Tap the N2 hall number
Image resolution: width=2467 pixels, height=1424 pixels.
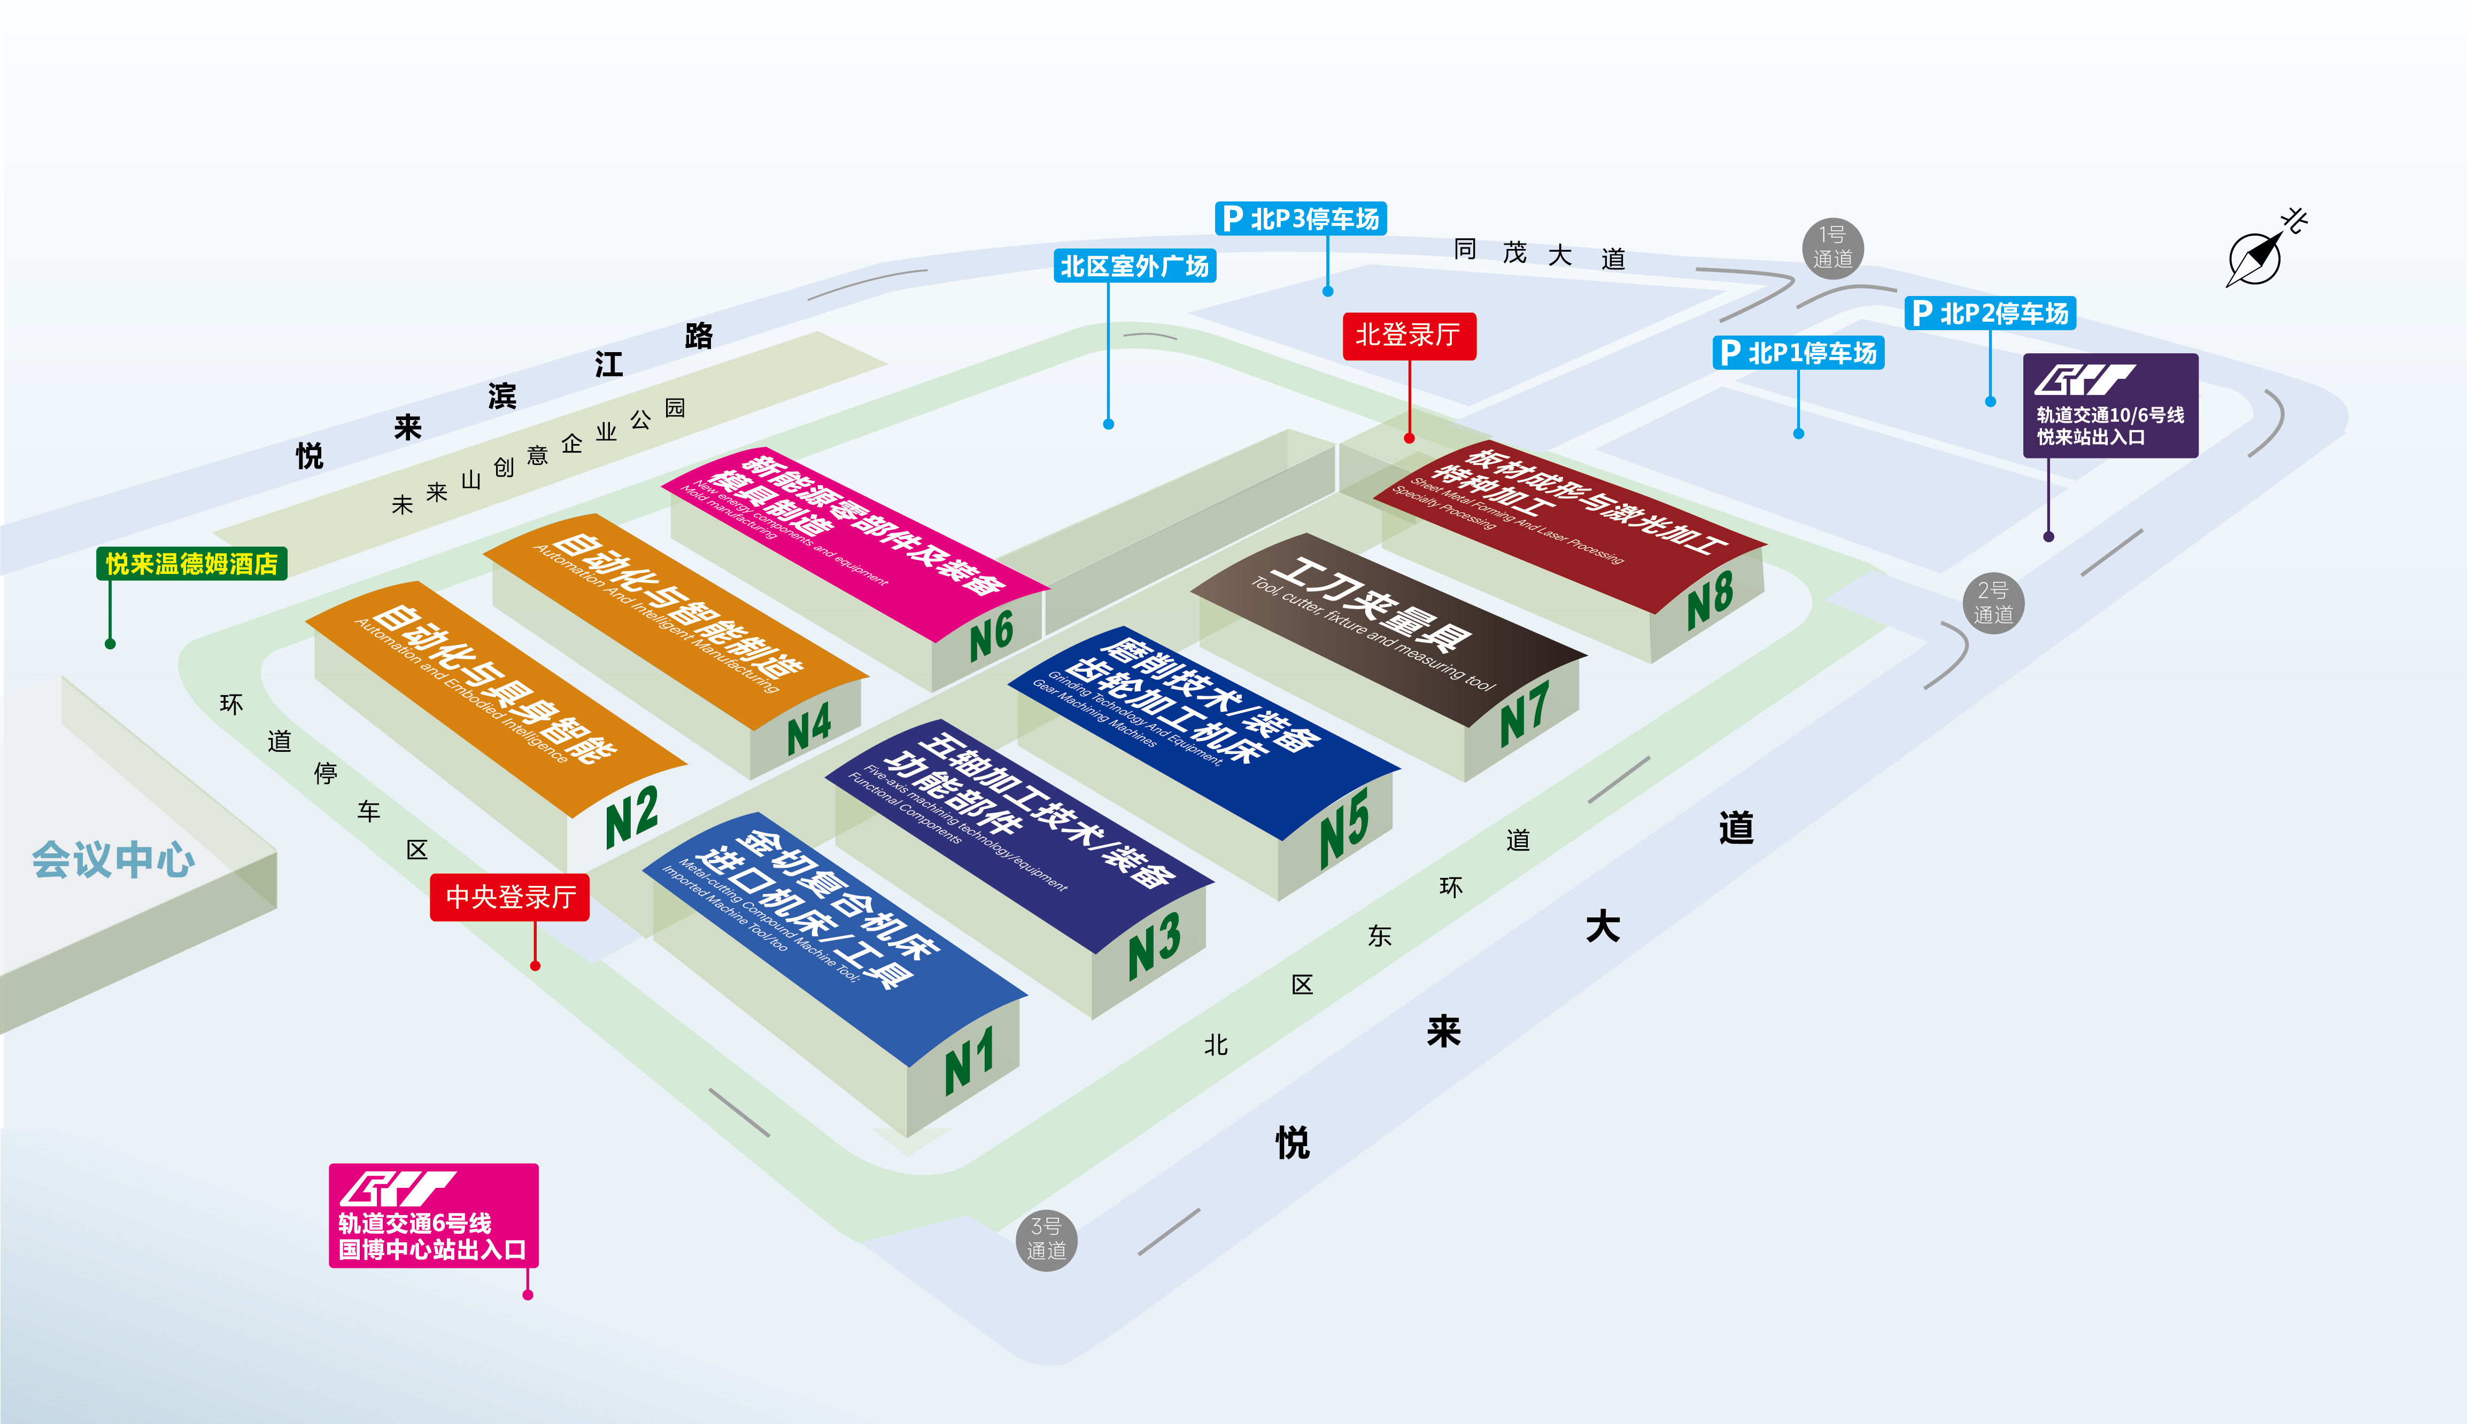click(x=632, y=816)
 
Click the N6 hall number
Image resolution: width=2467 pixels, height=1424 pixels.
click(x=991, y=636)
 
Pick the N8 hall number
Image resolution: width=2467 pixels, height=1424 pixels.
click(x=1710, y=598)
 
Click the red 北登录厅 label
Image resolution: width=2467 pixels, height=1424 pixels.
click(x=1409, y=336)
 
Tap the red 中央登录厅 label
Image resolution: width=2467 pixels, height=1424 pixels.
click(x=509, y=897)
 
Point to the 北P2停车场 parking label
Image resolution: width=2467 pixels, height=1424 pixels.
click(x=1991, y=313)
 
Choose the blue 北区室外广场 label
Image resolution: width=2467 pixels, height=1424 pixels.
click(x=1135, y=266)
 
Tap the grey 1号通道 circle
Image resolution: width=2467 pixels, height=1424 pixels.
click(x=1832, y=247)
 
